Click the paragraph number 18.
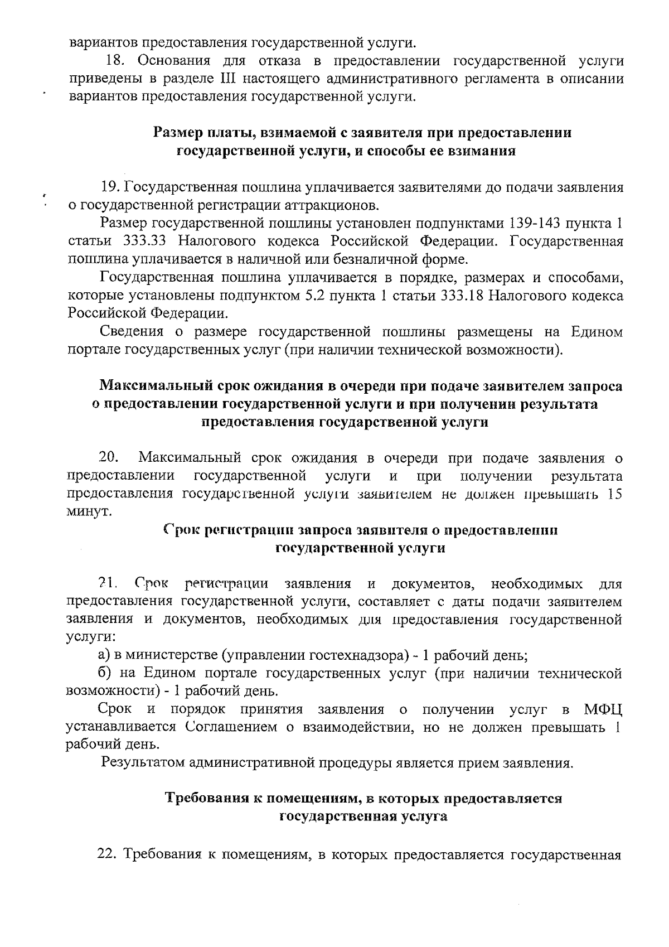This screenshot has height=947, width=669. [x=116, y=60]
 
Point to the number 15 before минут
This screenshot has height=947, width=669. [x=614, y=494]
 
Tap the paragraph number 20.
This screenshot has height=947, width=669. [x=109, y=458]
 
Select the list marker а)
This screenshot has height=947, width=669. [x=105, y=655]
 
